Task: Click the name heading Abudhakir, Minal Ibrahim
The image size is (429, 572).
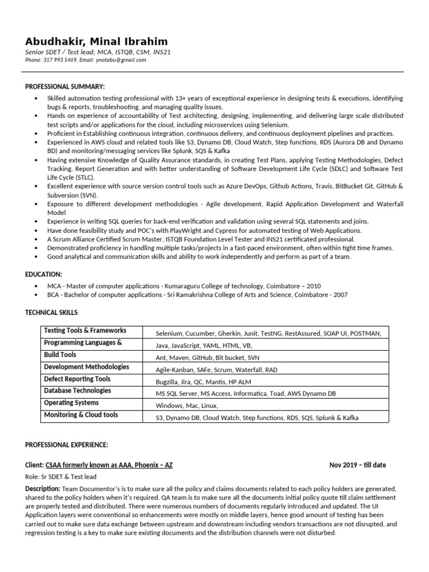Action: click(96, 42)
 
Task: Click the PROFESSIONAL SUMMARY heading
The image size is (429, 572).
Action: click(65, 86)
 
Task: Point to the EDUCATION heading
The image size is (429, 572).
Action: click(44, 274)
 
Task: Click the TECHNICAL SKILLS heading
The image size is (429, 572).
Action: click(52, 312)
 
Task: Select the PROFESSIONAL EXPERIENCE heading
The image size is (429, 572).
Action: click(66, 444)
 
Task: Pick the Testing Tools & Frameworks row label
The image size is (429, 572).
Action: click(85, 331)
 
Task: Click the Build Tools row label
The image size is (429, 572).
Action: click(60, 355)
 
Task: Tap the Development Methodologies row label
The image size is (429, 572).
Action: click(86, 367)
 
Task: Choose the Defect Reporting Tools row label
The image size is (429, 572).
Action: click(77, 379)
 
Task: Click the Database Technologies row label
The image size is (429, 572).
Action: click(77, 391)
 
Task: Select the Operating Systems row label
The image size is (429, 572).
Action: click(71, 403)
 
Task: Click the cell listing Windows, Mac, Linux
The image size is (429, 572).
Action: click(187, 406)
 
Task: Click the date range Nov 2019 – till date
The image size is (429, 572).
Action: click(357, 465)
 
